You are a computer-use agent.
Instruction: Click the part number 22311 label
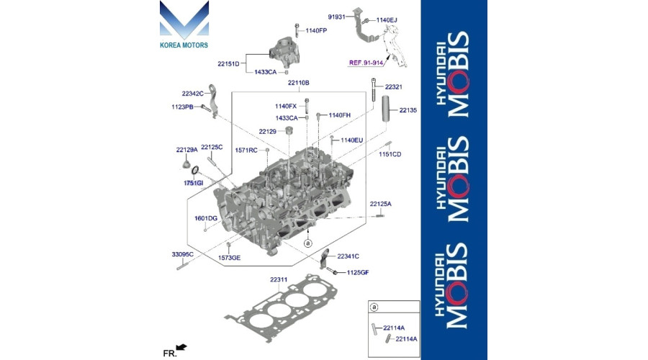pyautogui.click(x=279, y=280)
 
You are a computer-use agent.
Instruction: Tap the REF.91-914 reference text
pyautogui.click(x=366, y=63)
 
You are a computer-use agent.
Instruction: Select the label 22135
pyautogui.click(x=408, y=110)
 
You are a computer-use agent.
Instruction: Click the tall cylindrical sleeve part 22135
pyautogui.click(x=385, y=109)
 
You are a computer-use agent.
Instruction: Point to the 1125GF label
pyautogui.click(x=357, y=272)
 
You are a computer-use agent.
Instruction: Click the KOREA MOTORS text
pyautogui.click(x=184, y=45)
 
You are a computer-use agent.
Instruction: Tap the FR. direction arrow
pyautogui.click(x=181, y=347)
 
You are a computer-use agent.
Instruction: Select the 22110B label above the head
pyautogui.click(x=298, y=83)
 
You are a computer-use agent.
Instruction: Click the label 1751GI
pyautogui.click(x=194, y=183)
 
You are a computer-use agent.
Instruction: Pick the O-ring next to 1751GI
pyautogui.click(x=195, y=170)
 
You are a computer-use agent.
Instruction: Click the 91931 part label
pyautogui.click(x=336, y=17)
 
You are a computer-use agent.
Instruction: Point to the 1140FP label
pyautogui.click(x=316, y=30)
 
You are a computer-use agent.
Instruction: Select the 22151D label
pyautogui.click(x=228, y=63)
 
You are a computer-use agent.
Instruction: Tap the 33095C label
pyautogui.click(x=183, y=254)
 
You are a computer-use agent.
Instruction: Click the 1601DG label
pyautogui.click(x=206, y=218)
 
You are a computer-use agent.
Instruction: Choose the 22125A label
pyautogui.click(x=381, y=204)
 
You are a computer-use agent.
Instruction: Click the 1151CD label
pyautogui.click(x=390, y=154)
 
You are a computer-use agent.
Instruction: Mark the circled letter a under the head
pyautogui.click(x=307, y=243)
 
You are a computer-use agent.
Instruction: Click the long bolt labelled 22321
pyautogui.click(x=374, y=89)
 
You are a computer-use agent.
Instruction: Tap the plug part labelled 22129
pyautogui.click(x=289, y=132)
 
